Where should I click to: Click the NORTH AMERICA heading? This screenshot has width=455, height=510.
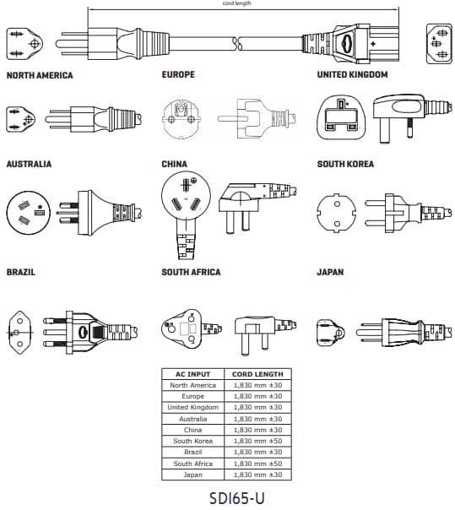[40, 75]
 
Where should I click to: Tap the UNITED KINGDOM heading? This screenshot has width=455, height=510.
[353, 74]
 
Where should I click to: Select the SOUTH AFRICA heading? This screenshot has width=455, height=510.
[192, 272]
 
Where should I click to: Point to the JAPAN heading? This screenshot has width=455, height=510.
[330, 272]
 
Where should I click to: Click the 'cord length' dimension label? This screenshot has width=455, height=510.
[236, 3]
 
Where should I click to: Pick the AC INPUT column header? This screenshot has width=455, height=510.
[192, 374]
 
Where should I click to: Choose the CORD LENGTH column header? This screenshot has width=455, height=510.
[257, 374]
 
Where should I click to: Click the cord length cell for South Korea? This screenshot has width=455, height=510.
[257, 441]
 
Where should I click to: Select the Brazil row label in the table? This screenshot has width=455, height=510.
[192, 452]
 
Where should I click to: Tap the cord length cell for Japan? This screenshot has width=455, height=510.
[257, 475]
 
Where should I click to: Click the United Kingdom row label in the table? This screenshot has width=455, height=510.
[192, 408]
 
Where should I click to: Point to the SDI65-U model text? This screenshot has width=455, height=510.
[236, 498]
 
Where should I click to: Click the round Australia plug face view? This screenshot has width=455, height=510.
[29, 213]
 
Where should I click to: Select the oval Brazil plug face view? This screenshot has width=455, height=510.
[20, 333]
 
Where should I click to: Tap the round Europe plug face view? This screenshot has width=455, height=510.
[181, 119]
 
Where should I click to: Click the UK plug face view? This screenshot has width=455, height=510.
[341, 117]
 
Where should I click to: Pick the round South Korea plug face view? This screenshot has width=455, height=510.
[337, 214]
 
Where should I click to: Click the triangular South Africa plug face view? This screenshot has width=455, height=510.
[181, 328]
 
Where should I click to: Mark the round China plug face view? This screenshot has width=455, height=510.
[186, 196]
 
